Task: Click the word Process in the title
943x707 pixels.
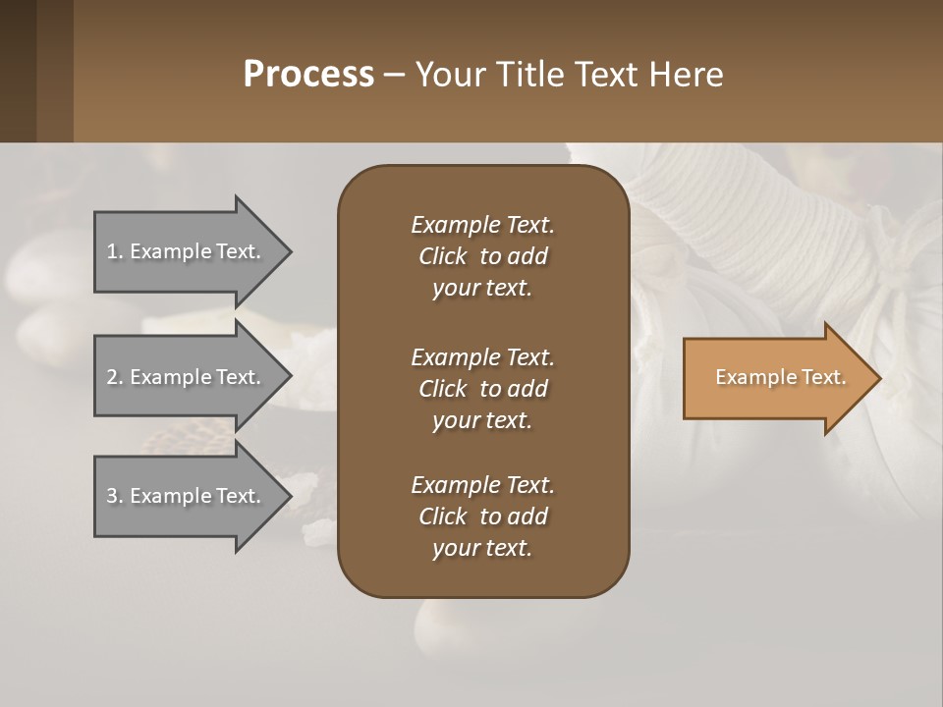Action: click(308, 75)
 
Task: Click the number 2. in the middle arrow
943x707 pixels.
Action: click(114, 377)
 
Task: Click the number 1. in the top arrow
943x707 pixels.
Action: click(114, 251)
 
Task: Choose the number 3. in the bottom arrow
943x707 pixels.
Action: click(114, 496)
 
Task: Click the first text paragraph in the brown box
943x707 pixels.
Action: click(482, 256)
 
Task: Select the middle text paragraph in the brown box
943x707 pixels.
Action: click(482, 388)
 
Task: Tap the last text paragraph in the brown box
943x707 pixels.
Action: click(482, 517)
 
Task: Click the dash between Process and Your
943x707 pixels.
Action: click(394, 76)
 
